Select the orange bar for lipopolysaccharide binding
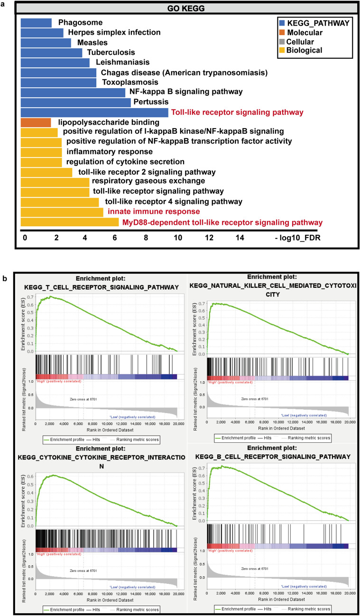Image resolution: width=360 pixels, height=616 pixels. pos(36,122)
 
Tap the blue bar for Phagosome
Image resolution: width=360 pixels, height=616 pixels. pos(36,22)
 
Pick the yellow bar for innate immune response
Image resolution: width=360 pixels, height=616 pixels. pos(62,211)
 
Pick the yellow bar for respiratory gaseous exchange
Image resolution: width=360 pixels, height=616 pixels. pos(55,182)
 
